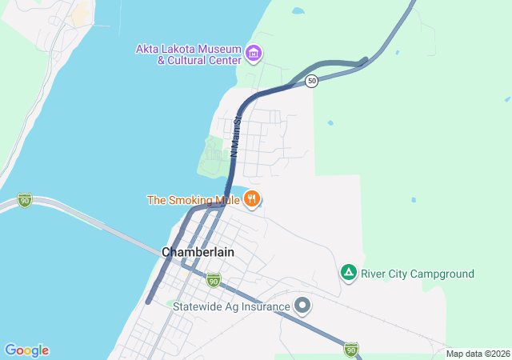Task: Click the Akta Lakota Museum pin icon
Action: click(254, 54)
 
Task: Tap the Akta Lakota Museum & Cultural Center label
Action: click(190, 54)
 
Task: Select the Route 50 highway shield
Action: click(312, 82)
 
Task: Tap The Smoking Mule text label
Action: click(194, 199)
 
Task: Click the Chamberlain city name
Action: click(198, 251)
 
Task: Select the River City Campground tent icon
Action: click(348, 274)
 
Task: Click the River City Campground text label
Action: click(417, 274)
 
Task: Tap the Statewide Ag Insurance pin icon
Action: click(302, 306)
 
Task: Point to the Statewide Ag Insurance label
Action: click(232, 306)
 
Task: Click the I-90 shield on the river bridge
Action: click(25, 200)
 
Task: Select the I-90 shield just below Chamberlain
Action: click(213, 279)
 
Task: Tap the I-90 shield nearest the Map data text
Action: click(351, 349)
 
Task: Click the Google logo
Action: click(26, 350)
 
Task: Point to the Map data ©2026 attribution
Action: click(477, 354)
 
